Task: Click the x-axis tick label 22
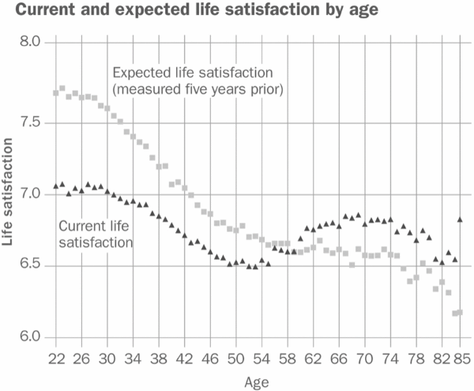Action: pos(56,359)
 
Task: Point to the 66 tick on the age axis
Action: pos(338,359)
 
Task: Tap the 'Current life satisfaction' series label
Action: pos(96,233)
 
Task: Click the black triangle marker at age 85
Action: pos(460,218)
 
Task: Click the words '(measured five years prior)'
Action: pos(197,88)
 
